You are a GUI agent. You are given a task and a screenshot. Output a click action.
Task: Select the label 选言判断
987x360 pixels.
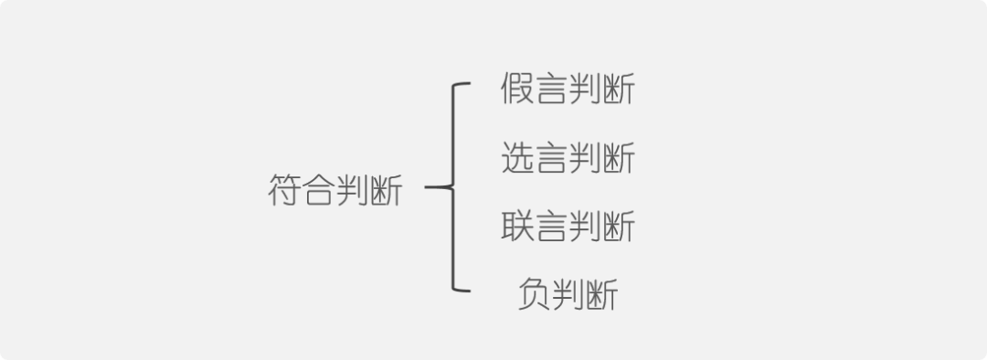568,158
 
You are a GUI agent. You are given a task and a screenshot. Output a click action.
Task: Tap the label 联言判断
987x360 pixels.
568,226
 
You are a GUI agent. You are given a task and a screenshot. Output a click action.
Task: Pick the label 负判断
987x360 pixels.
568,293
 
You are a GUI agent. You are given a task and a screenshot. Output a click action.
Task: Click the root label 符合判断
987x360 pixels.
335,191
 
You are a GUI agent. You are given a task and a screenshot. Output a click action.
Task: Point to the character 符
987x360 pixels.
285,191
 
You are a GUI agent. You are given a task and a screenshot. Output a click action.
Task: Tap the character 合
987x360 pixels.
319,191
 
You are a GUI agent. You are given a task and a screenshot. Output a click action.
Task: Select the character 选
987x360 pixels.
517,158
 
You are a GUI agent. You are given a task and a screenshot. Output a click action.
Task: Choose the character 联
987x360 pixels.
517,226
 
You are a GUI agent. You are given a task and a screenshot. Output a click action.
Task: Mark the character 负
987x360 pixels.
534,293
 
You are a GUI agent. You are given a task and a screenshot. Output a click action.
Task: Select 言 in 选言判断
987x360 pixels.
551,158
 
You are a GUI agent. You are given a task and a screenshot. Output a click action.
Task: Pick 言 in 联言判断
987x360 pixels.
551,226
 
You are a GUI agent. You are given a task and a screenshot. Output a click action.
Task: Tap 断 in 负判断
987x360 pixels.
601,293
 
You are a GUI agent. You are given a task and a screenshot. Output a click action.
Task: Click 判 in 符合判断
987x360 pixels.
353,191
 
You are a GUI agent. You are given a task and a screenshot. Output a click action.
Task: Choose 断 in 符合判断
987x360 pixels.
386,191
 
